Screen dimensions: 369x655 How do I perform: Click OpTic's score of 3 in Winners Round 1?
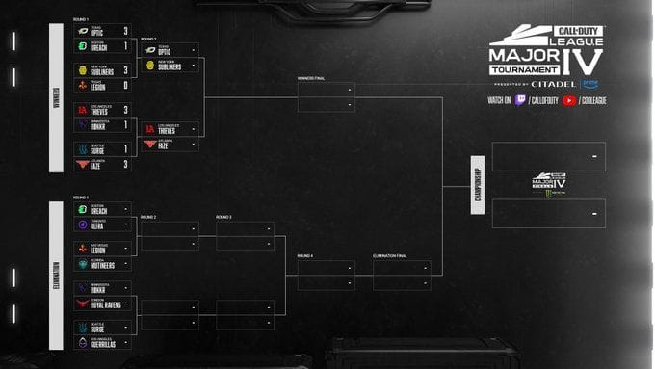(x=125, y=31)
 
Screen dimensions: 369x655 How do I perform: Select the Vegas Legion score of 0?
(x=125, y=85)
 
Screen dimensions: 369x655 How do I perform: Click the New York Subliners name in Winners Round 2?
(x=170, y=66)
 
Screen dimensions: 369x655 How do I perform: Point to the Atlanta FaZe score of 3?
(x=125, y=165)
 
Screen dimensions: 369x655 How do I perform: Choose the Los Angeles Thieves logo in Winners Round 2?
(x=149, y=129)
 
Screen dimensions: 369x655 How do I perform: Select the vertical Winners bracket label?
(x=56, y=97)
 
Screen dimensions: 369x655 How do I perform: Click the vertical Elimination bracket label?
(x=56, y=266)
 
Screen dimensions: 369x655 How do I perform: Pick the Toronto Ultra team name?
(x=99, y=224)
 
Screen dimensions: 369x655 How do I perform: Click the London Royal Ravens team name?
(x=105, y=303)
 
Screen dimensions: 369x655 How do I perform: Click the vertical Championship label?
(x=477, y=184)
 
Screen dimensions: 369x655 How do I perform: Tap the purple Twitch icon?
(x=519, y=100)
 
